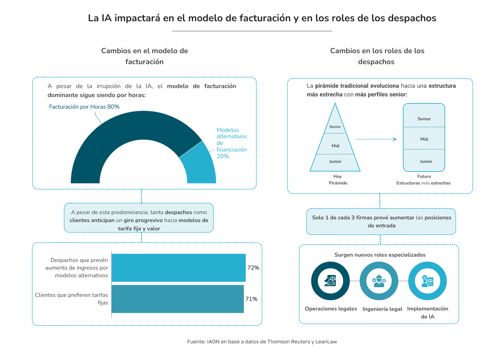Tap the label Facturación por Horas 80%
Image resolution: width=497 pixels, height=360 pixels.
pos(84,107)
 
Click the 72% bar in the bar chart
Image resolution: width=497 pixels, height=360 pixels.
pos(179,268)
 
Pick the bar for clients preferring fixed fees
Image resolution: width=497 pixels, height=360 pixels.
pos(178,299)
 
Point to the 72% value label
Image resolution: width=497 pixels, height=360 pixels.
pos(253,268)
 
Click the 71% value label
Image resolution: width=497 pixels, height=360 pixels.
pos(251,299)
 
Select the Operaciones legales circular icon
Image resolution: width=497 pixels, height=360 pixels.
pos(330,281)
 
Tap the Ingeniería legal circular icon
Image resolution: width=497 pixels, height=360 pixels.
pos(379,281)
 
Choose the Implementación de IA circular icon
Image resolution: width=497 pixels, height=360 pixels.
pos(427,281)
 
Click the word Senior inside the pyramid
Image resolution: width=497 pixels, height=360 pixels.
pos(335,127)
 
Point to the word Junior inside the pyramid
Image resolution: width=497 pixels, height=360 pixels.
pos(335,161)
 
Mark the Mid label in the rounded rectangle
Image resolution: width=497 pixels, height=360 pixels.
pos(424,139)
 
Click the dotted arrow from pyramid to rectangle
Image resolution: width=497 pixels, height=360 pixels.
pos(376,139)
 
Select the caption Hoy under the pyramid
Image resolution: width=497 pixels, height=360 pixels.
pos(337,176)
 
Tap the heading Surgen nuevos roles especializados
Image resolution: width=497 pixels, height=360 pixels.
pos(380,255)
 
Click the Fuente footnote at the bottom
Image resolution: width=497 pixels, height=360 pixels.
pos(262,341)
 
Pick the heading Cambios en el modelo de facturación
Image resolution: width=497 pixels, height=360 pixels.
pos(145,56)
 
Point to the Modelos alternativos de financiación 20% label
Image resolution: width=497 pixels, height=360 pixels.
pos(231,143)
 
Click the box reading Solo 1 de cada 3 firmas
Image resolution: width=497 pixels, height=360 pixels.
pos(381,221)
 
